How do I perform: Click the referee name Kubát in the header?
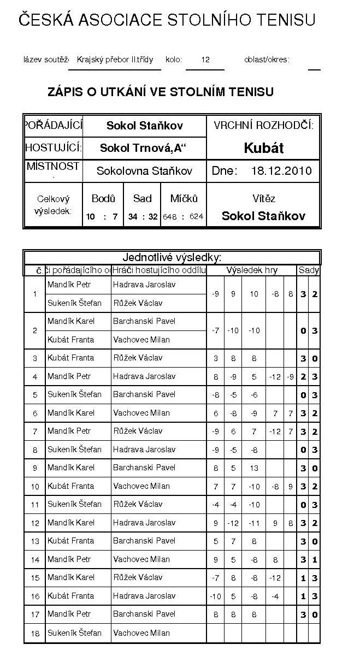coord(263,148)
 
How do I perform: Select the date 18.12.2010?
coord(281,171)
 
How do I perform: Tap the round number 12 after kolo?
coord(205,60)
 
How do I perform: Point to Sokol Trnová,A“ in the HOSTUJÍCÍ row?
coord(145,148)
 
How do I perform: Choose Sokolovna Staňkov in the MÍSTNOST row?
coord(144,171)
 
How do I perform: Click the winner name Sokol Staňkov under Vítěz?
coord(263,216)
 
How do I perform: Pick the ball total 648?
coord(170,217)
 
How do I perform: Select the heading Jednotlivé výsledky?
coord(172,257)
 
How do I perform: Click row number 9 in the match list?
coord(34,468)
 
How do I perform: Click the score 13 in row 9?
coord(253,468)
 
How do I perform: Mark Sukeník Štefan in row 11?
coord(74,504)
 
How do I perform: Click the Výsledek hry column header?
coord(252,270)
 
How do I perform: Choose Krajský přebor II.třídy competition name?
coord(115,60)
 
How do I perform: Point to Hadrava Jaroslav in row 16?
coord(144,596)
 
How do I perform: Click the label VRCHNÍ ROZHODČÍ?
coord(263,126)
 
